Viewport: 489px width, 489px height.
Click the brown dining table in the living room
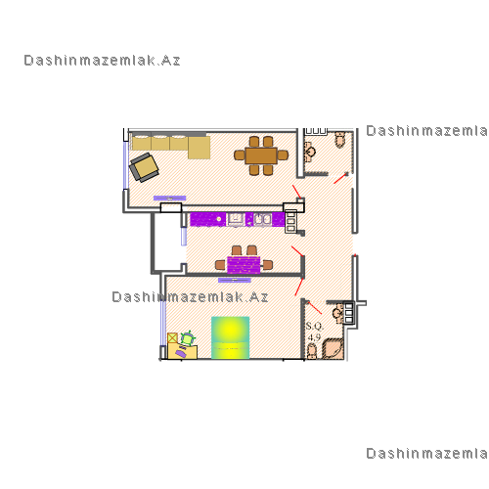pos(261,156)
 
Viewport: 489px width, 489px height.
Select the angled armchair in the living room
pos(144,167)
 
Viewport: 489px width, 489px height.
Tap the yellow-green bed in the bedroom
pos(231,337)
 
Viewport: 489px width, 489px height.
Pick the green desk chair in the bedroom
pos(188,338)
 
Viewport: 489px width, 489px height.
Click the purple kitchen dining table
pos(244,265)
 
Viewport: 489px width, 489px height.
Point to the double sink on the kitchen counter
pos(262,219)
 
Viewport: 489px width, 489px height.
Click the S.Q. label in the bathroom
pos(314,326)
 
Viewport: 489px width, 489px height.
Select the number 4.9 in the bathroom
pos(314,336)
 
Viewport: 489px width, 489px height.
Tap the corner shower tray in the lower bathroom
pos(333,349)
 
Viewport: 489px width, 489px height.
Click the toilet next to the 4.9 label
pos(312,351)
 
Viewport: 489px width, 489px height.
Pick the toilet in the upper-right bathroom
pos(340,139)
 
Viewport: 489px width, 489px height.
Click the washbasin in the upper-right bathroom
pos(309,152)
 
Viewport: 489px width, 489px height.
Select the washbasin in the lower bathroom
pos(338,313)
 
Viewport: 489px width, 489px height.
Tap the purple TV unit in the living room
pos(170,198)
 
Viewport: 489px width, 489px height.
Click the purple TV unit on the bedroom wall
pos(235,280)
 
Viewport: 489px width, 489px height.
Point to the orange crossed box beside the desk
pos(172,337)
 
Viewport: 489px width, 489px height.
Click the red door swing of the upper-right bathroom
pos(340,178)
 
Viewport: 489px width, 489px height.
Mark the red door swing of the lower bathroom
pos(315,308)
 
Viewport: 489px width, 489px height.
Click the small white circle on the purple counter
pos(219,219)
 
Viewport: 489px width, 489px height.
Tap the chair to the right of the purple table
pos(268,265)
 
